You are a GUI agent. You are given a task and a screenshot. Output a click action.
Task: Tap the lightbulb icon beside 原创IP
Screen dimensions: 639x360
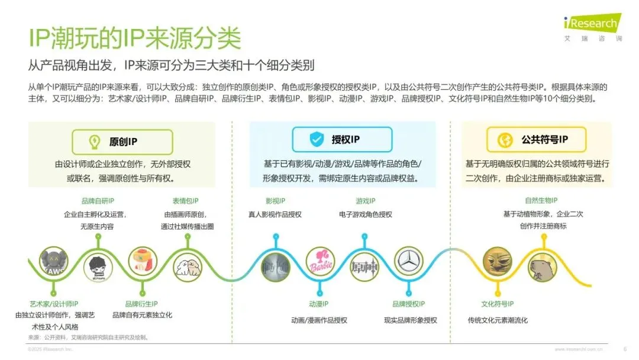tap(94, 142)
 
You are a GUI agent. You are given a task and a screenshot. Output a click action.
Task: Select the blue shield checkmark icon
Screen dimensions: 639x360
tap(317, 140)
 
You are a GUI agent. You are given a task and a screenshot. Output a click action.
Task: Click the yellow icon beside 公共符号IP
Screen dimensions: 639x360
tap(506, 140)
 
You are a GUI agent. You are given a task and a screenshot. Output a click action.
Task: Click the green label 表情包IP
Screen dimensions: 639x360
tap(185, 201)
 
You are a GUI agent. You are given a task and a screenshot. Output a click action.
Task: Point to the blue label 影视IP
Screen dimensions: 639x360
tap(276, 201)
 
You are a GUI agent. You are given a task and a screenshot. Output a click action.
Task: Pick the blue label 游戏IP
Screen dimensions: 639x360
tap(365, 201)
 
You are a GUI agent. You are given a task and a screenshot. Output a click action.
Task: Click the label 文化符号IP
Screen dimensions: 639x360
tap(497, 304)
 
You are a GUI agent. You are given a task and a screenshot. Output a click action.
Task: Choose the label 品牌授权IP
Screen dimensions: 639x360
tap(408, 304)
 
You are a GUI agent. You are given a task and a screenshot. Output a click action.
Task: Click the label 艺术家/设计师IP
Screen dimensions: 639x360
tap(54, 304)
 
